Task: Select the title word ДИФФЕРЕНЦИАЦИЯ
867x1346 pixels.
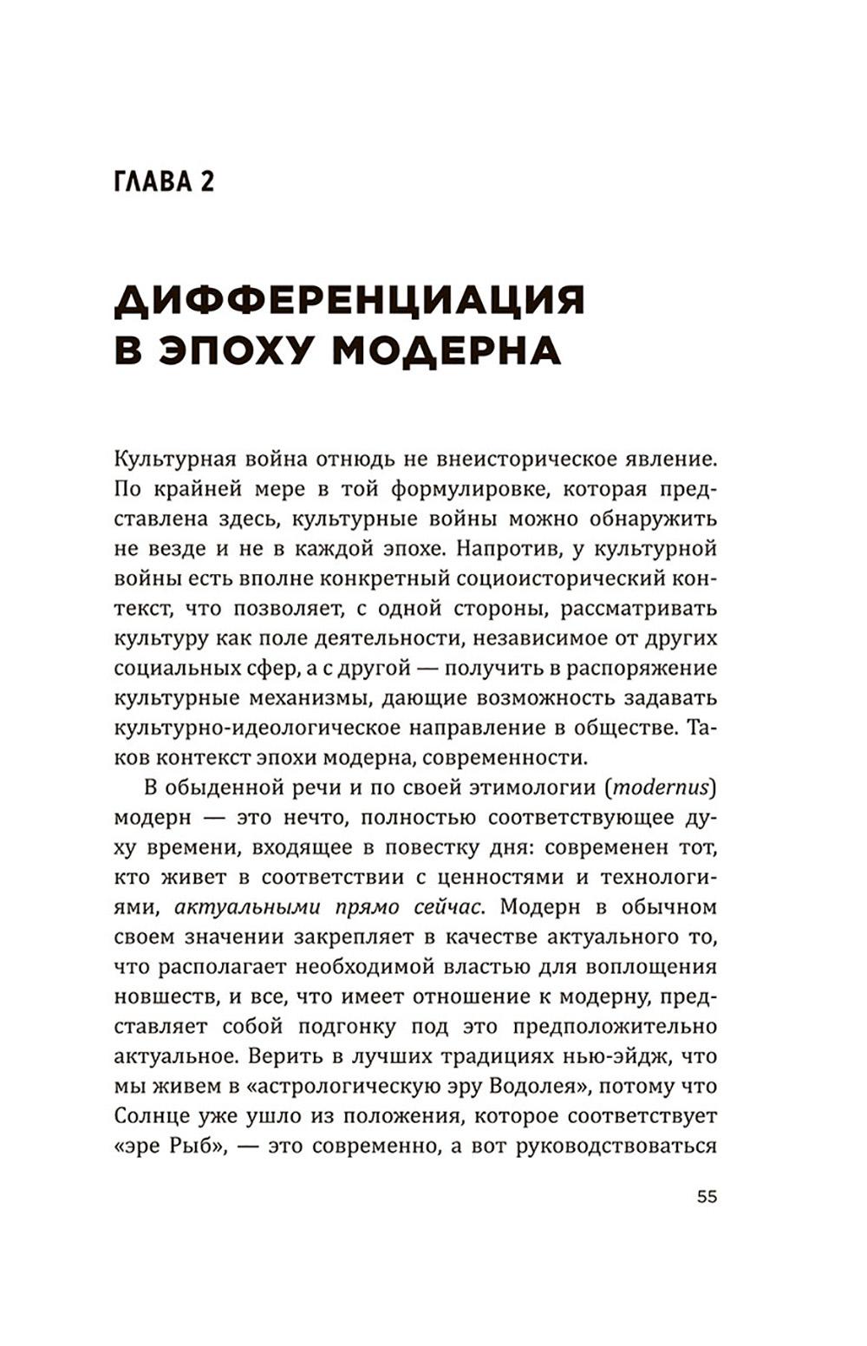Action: click(x=349, y=301)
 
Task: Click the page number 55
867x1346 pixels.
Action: click(x=707, y=1197)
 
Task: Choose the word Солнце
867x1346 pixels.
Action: click(x=150, y=1116)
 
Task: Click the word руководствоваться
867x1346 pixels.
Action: click(x=616, y=1147)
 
